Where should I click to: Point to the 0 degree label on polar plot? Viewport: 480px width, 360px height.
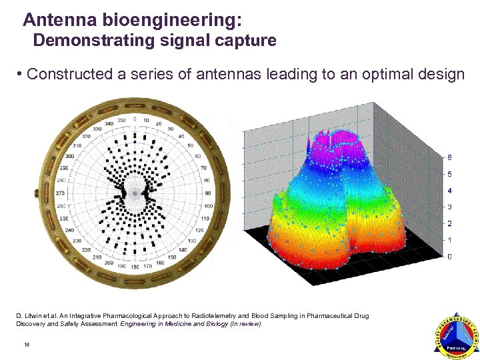[x=135, y=119]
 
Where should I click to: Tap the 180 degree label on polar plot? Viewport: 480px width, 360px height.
[x=135, y=266]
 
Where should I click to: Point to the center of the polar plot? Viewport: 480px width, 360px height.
[x=135, y=192]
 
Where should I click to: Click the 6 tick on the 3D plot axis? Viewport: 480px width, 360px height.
[x=450, y=158]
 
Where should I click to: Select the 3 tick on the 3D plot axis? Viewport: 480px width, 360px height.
[x=450, y=207]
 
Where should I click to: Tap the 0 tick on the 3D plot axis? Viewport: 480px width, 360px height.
[x=450, y=257]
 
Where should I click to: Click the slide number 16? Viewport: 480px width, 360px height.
[x=27, y=344]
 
